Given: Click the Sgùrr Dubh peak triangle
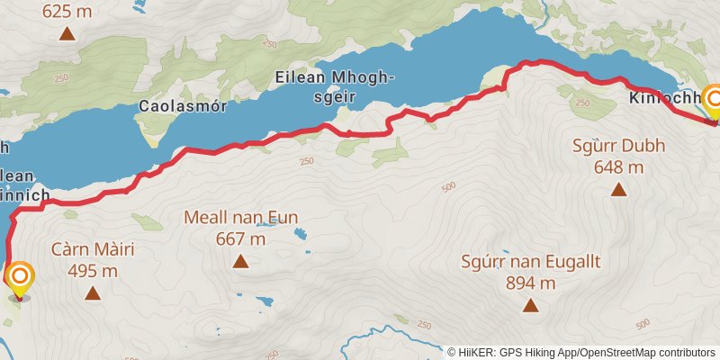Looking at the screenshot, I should pyautogui.click(x=619, y=189).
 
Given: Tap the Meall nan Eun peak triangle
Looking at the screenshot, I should pyautogui.click(x=240, y=261).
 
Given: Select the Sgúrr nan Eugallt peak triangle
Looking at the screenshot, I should pyautogui.click(x=531, y=306).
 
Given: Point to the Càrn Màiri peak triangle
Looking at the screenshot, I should pyautogui.click(x=93, y=293).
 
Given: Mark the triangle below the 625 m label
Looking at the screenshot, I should pyautogui.click(x=67, y=34).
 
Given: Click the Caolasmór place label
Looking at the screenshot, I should pyautogui.click(x=180, y=106).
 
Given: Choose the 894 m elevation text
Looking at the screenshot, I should pyautogui.click(x=531, y=283).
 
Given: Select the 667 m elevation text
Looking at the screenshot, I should pyautogui.click(x=240, y=238).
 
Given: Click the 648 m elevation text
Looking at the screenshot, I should pyautogui.click(x=619, y=166).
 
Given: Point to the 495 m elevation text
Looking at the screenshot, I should pyautogui.click(x=93, y=270).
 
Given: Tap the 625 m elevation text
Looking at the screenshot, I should pyautogui.click(x=67, y=12).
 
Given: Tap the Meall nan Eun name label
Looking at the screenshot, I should pyautogui.click(x=240, y=218).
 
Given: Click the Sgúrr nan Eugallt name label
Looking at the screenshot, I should pyautogui.click(x=531, y=263).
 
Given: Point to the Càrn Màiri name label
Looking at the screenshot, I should pyautogui.click(x=93, y=249).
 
